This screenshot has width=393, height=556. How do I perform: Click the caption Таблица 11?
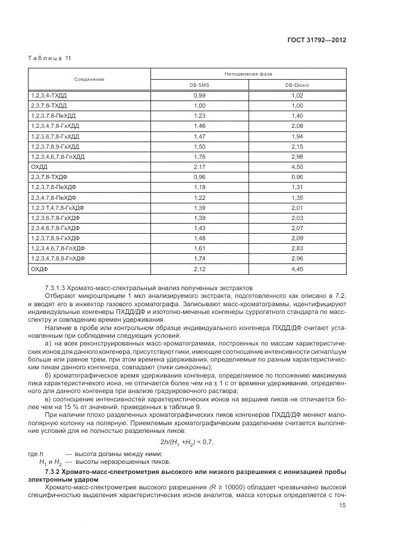(50, 58)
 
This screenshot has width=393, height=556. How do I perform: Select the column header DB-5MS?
(199, 85)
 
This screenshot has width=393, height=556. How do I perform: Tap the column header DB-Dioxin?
(297, 85)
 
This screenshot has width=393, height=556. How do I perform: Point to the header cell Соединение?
(89, 79)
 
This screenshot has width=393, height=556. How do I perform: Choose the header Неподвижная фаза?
(248, 74)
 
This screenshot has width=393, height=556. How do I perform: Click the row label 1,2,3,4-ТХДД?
(49, 96)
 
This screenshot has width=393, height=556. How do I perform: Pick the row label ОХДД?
(39, 167)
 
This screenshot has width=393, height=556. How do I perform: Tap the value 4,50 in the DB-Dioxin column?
(297, 167)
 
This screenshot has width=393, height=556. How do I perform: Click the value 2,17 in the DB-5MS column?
(199, 167)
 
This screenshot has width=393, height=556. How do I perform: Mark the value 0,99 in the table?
(199, 96)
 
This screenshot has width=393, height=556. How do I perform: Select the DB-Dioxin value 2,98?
(297, 156)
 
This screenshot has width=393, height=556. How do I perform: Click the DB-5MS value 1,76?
(199, 156)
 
